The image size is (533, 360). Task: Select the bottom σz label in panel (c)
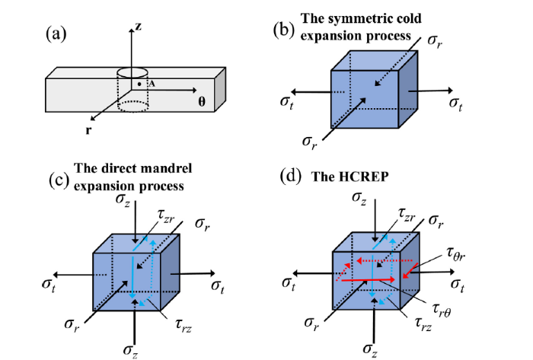coord(132,349)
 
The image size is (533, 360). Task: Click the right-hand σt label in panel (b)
coord(455,102)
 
